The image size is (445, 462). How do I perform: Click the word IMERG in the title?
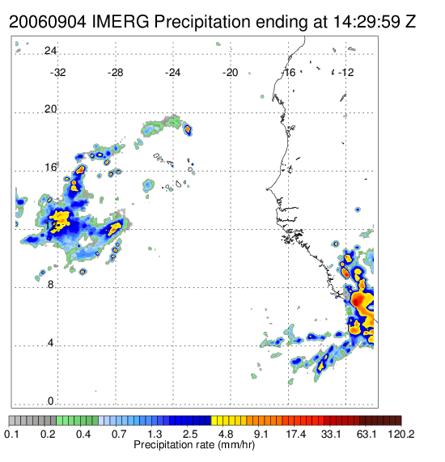click(x=121, y=22)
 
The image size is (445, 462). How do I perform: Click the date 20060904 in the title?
click(x=48, y=22)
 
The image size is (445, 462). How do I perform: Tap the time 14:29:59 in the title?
click(x=367, y=22)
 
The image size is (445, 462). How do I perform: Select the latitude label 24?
click(x=50, y=51)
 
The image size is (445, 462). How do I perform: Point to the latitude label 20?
click(x=50, y=109)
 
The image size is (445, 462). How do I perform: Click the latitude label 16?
click(x=50, y=167)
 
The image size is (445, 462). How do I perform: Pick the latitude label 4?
click(x=51, y=343)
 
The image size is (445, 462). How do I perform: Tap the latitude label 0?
click(x=51, y=401)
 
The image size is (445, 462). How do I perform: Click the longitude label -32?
click(x=58, y=73)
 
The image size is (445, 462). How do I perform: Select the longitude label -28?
click(x=115, y=73)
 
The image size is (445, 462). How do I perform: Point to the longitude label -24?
click(x=172, y=73)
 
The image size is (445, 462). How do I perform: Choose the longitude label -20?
click(x=230, y=73)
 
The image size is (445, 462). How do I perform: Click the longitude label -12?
click(x=345, y=73)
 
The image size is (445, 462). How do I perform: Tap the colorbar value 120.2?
click(x=401, y=434)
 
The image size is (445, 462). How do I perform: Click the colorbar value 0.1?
click(x=11, y=434)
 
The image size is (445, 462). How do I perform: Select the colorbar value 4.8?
click(x=226, y=434)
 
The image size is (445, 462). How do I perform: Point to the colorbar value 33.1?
click(x=331, y=434)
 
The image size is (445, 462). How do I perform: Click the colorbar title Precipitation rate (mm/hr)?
click(x=194, y=445)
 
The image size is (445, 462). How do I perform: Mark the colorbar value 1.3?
click(x=155, y=434)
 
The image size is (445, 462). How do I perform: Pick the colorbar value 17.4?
click(x=296, y=434)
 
